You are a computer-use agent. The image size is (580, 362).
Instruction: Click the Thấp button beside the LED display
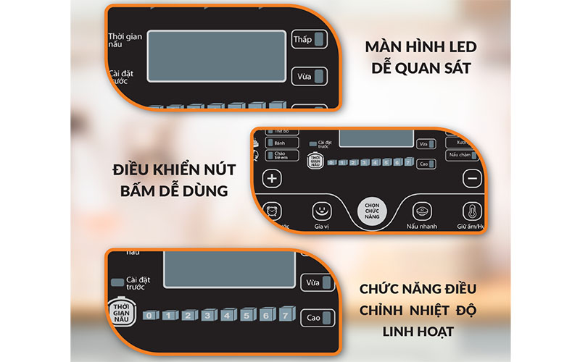pyautogui.click(x=308, y=39)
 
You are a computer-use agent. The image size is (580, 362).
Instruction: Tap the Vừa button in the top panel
pyautogui.click(x=308, y=77)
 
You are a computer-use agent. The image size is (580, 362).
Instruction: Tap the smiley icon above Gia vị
pyautogui.click(x=321, y=211)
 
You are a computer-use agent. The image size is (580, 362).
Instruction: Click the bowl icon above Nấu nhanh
pyautogui.click(x=422, y=211)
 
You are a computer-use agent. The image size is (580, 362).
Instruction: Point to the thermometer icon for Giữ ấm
pyautogui.click(x=473, y=211)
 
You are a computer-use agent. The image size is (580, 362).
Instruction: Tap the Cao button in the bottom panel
pyautogui.click(x=317, y=317)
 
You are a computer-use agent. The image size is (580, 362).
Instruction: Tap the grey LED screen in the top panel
pyautogui.click(x=216, y=56)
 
